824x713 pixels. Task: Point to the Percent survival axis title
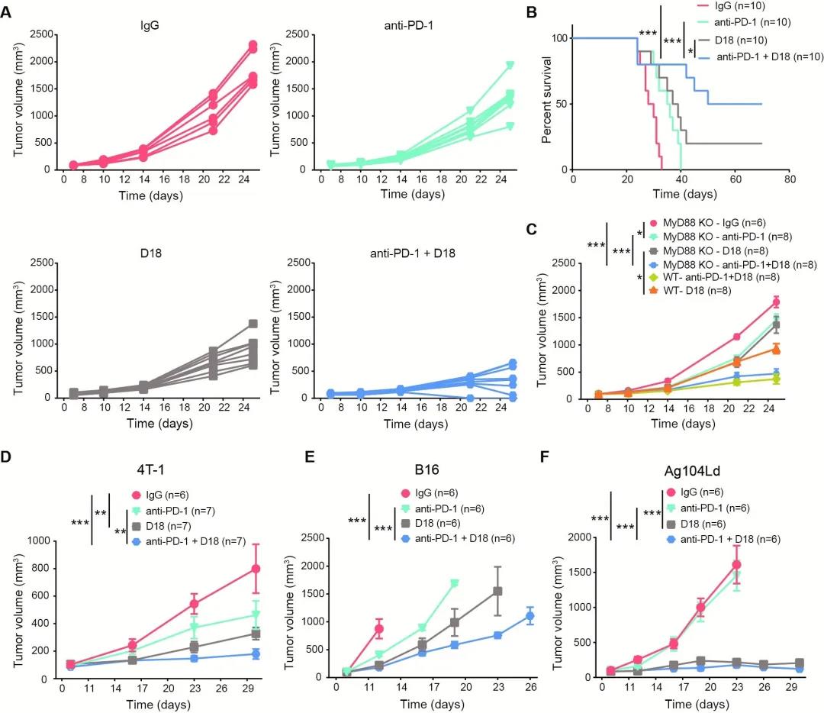[x=547, y=104]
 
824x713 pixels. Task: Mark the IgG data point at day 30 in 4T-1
[x=256, y=569]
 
